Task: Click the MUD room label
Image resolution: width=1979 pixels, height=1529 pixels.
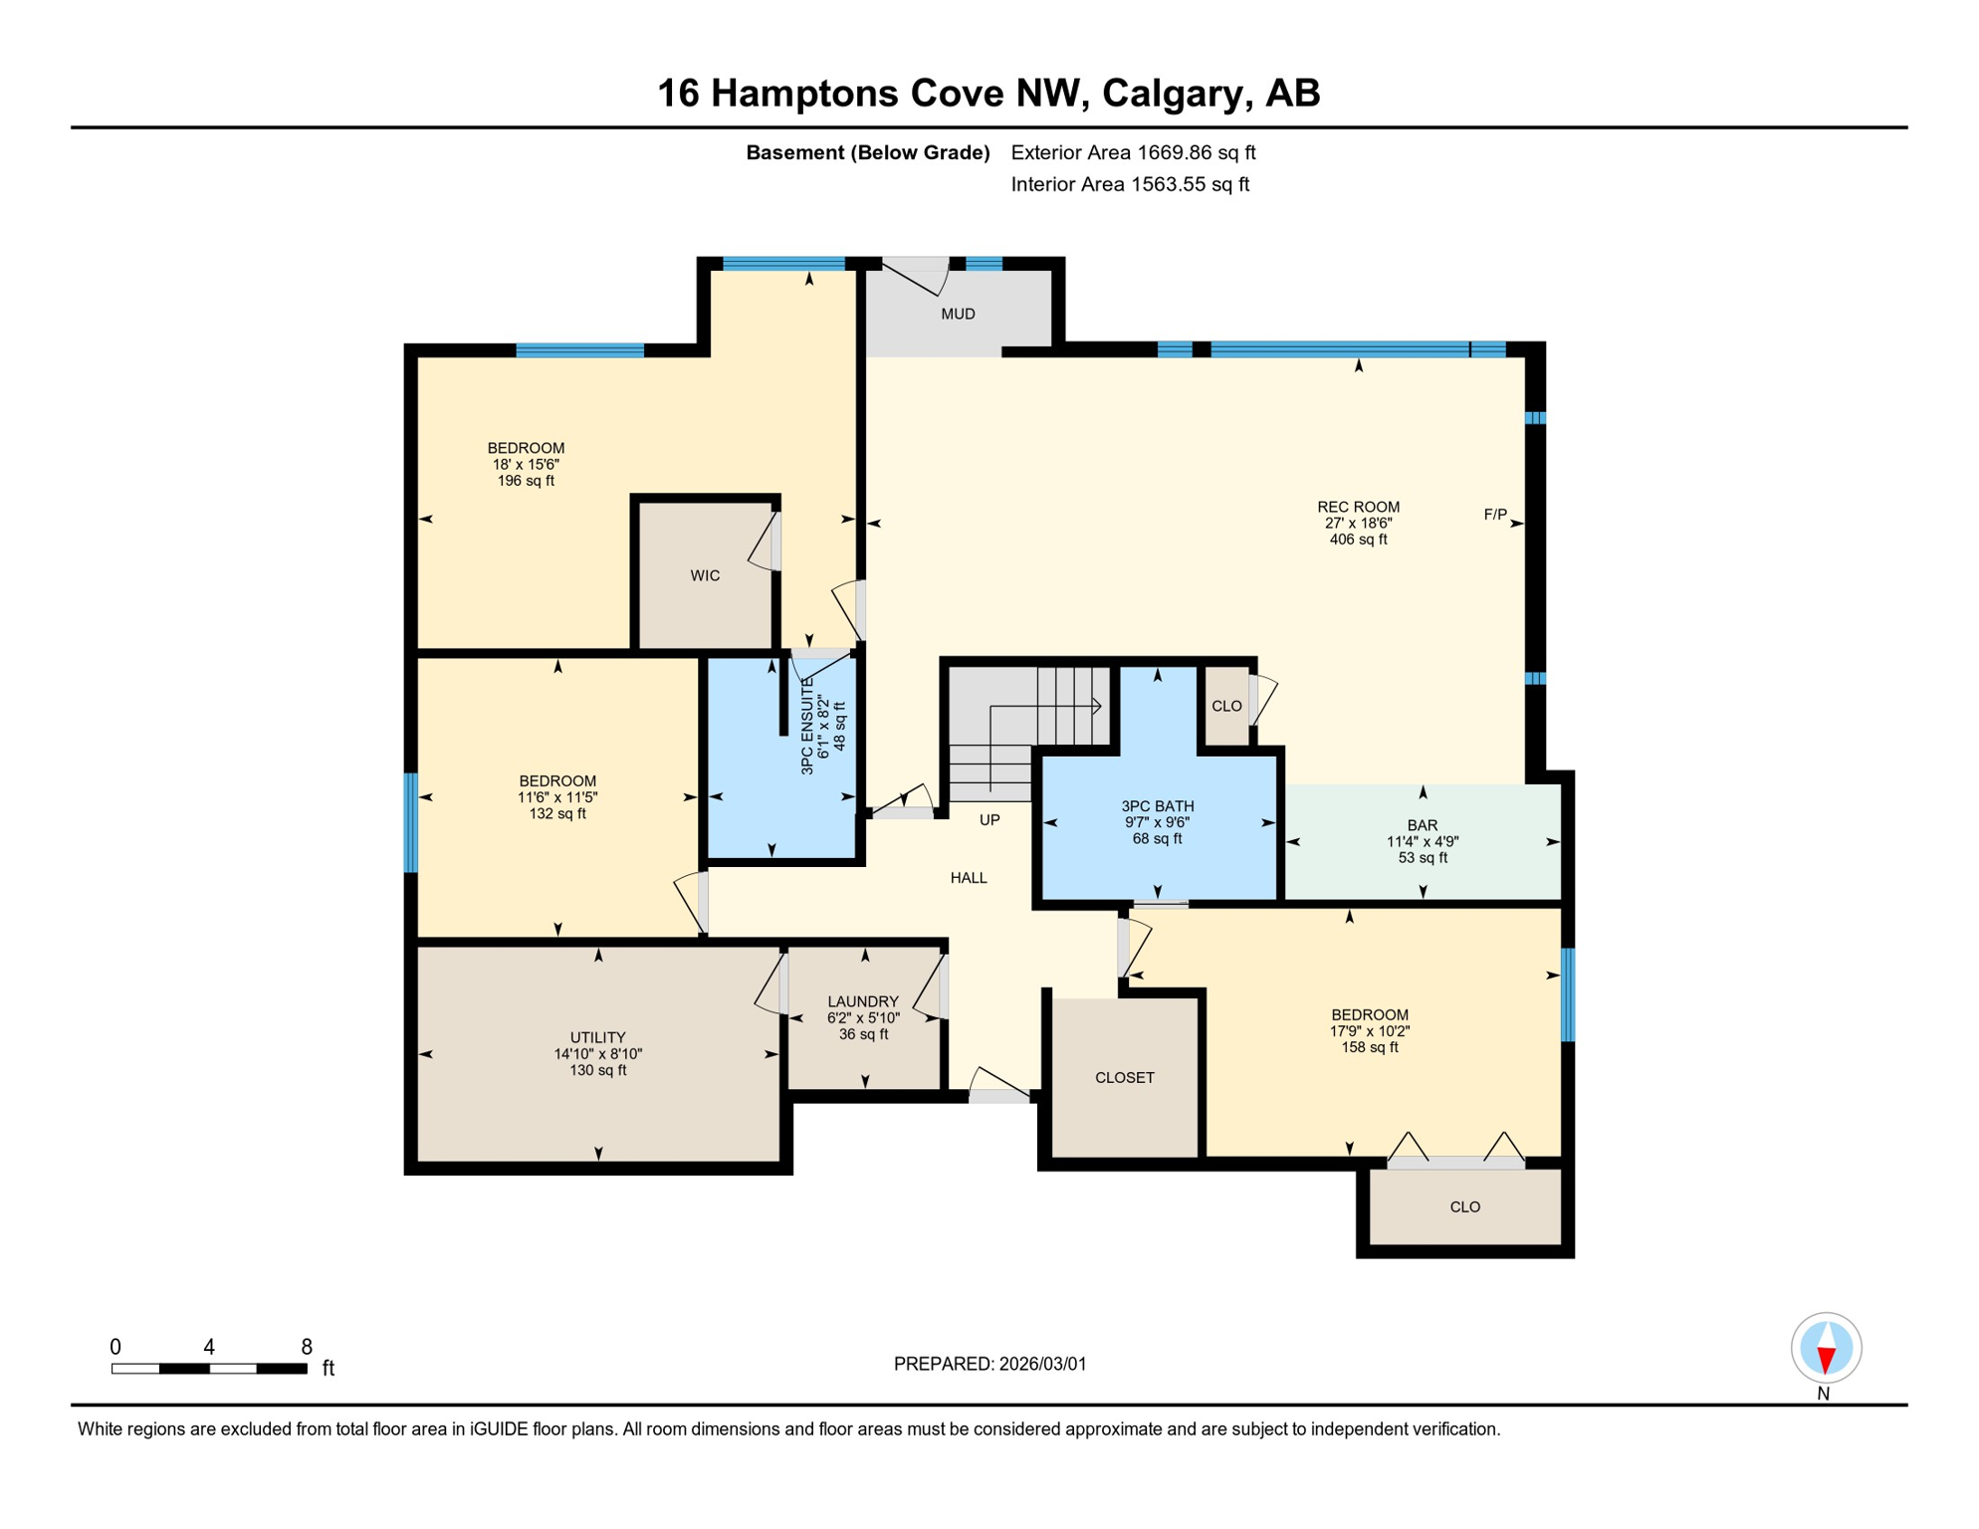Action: click(x=958, y=315)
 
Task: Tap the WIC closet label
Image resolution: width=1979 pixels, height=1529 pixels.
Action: click(x=705, y=576)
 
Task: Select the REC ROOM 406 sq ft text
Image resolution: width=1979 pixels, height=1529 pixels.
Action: click(x=1358, y=541)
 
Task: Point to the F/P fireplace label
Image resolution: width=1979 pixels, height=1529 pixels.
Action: click(x=1495, y=515)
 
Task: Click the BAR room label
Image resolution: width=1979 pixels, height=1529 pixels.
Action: click(x=1423, y=825)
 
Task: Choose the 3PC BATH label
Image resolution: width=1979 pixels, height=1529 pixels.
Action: click(x=1157, y=806)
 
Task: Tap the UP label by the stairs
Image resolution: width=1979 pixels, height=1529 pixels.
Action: click(x=989, y=820)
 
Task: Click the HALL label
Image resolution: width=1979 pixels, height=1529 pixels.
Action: click(x=969, y=878)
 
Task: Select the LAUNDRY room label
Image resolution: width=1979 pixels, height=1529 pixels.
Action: click(x=863, y=1002)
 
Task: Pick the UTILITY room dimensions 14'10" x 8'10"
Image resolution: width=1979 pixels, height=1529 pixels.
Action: click(x=598, y=1054)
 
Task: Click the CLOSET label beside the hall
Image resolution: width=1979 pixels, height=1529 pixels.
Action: click(x=1125, y=1078)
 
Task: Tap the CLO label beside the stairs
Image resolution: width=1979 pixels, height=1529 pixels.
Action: click(x=1226, y=707)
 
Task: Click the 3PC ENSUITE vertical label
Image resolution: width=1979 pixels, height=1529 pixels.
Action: click(x=807, y=727)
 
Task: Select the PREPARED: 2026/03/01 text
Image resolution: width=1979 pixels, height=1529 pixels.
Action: click(x=989, y=1365)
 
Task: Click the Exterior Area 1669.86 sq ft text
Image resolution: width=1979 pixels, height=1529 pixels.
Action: click(x=1133, y=153)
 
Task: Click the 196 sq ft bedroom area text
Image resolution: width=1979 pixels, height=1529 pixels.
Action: click(x=526, y=482)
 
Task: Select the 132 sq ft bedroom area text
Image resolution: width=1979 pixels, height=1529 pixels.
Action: click(x=557, y=814)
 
